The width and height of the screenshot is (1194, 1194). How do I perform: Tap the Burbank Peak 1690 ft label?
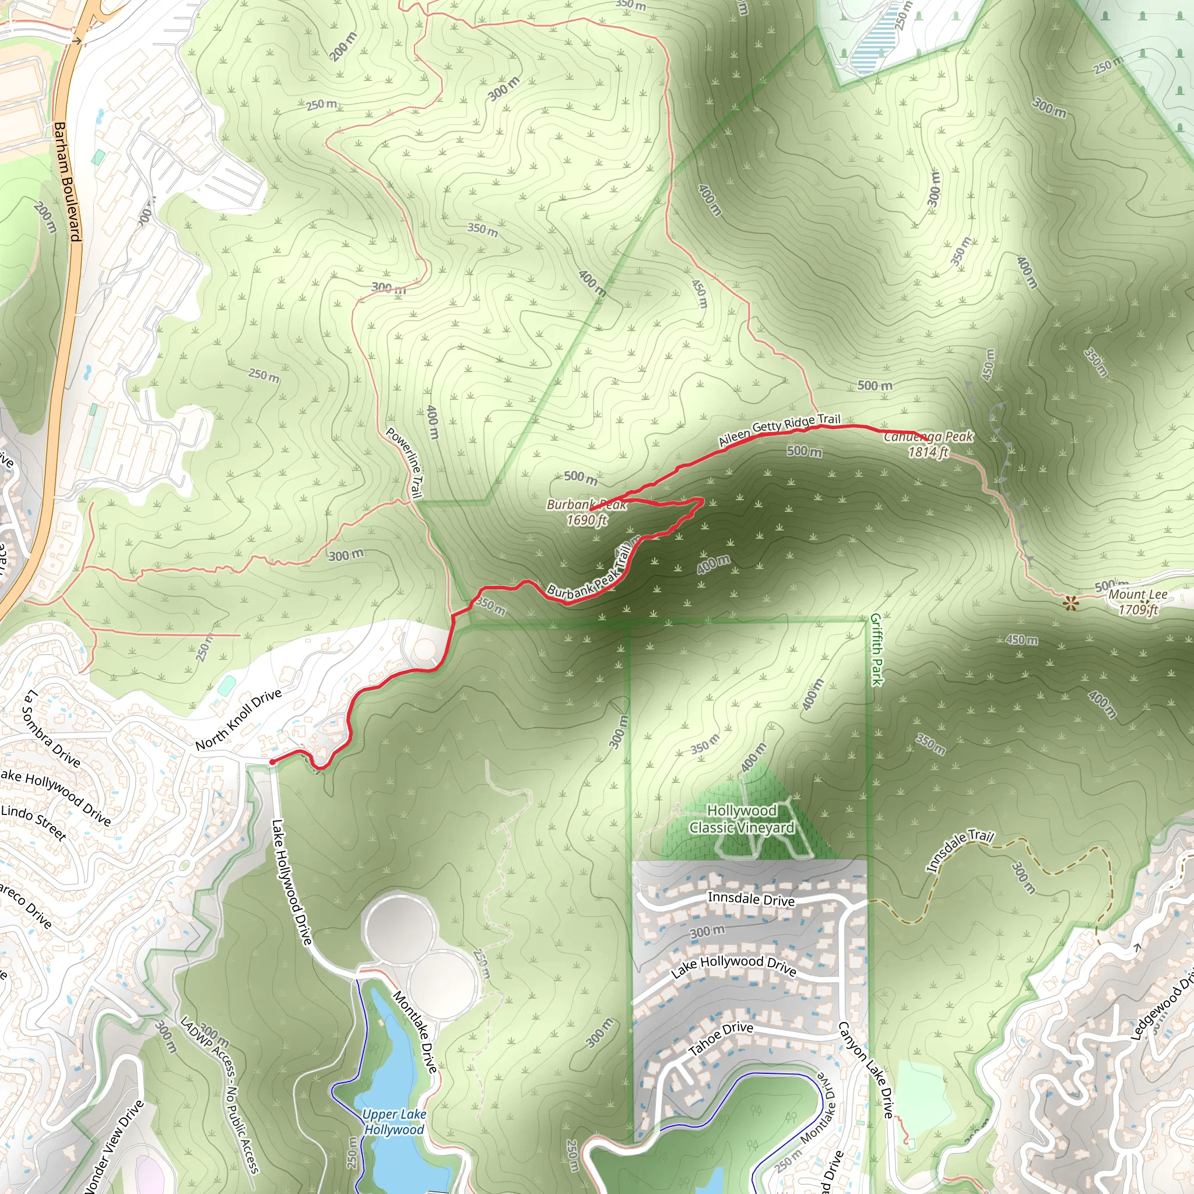(587, 512)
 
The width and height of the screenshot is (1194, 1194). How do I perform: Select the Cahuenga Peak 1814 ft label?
(928, 444)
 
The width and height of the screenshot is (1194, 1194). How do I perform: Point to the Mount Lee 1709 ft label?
(1138, 602)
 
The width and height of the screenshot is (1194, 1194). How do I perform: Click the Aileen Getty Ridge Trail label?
(779, 429)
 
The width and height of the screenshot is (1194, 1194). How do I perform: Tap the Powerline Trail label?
(405, 462)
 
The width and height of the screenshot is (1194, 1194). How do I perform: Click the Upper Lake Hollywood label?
(394, 1122)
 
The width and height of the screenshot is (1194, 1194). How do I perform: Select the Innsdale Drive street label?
(751, 898)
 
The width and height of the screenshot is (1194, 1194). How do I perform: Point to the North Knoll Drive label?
(238, 719)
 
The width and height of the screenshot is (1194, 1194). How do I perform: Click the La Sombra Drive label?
(51, 729)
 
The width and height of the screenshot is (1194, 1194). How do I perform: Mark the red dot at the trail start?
(272, 762)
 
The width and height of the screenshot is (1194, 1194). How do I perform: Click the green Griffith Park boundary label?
(876, 649)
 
